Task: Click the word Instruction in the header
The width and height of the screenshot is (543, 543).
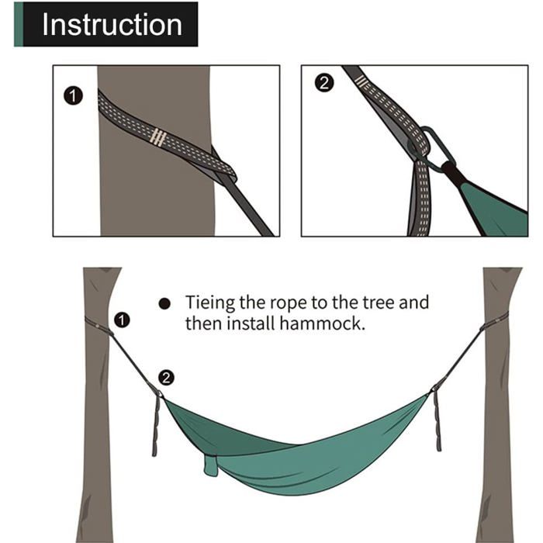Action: (x=112, y=24)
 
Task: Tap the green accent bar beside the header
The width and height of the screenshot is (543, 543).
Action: (x=19, y=24)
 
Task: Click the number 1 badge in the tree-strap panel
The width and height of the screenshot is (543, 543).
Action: (x=73, y=96)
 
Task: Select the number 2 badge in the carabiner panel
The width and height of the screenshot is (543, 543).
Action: (x=324, y=83)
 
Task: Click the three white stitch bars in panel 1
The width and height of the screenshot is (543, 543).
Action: (x=158, y=137)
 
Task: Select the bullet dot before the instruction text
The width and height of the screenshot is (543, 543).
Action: (x=164, y=304)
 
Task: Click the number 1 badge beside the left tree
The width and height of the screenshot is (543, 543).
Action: (x=122, y=320)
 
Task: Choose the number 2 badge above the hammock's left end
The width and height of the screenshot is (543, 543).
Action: (x=166, y=378)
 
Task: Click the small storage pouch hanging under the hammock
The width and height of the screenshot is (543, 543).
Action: (x=211, y=465)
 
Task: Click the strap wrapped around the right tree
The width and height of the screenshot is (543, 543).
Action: (x=495, y=321)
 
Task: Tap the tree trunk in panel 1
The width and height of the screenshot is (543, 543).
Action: (x=156, y=194)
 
